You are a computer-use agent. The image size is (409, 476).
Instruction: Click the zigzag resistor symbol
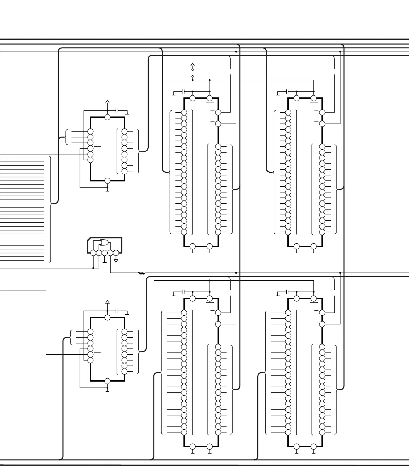pos(141,273)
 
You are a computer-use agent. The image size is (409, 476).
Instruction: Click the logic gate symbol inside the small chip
pos(104,243)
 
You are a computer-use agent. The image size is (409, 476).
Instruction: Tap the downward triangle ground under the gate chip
pos(116,260)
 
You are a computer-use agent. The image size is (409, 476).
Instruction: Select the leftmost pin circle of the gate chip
pos(93,253)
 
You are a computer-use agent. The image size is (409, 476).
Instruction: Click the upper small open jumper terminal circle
pos(192,70)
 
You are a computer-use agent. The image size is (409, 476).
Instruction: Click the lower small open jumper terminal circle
pos(192,77)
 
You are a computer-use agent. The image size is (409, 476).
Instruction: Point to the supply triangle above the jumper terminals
pos(192,65)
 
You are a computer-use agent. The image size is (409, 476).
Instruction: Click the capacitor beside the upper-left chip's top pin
pos(117,110)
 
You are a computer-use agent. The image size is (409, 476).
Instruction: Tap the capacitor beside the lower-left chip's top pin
pos(117,311)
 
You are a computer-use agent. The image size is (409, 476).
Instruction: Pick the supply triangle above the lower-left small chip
pos(107,302)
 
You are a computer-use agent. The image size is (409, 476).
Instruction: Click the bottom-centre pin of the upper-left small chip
pos(107,181)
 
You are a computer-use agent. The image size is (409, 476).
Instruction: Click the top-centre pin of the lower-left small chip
pos(107,317)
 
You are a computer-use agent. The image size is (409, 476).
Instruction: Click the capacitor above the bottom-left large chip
pos(183,292)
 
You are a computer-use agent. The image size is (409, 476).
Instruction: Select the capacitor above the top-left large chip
pos(183,91)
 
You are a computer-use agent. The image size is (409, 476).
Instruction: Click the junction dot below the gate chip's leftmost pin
pos(93,268)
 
